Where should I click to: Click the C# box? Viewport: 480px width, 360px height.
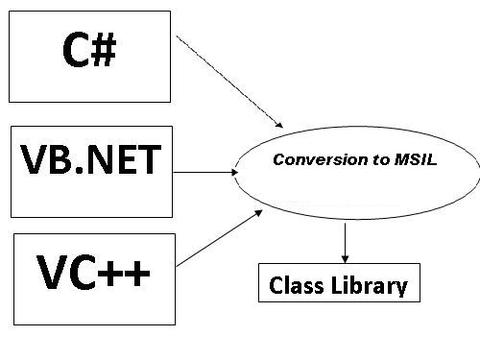click(89, 55)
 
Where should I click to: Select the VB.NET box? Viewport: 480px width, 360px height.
click(89, 170)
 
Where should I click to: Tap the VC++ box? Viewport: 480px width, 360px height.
click(94, 277)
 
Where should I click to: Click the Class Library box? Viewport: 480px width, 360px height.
click(338, 285)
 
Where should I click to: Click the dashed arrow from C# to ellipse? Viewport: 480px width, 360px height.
click(230, 84)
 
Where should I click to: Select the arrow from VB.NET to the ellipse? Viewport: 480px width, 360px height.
click(204, 174)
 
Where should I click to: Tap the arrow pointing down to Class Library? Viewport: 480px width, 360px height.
click(344, 240)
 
